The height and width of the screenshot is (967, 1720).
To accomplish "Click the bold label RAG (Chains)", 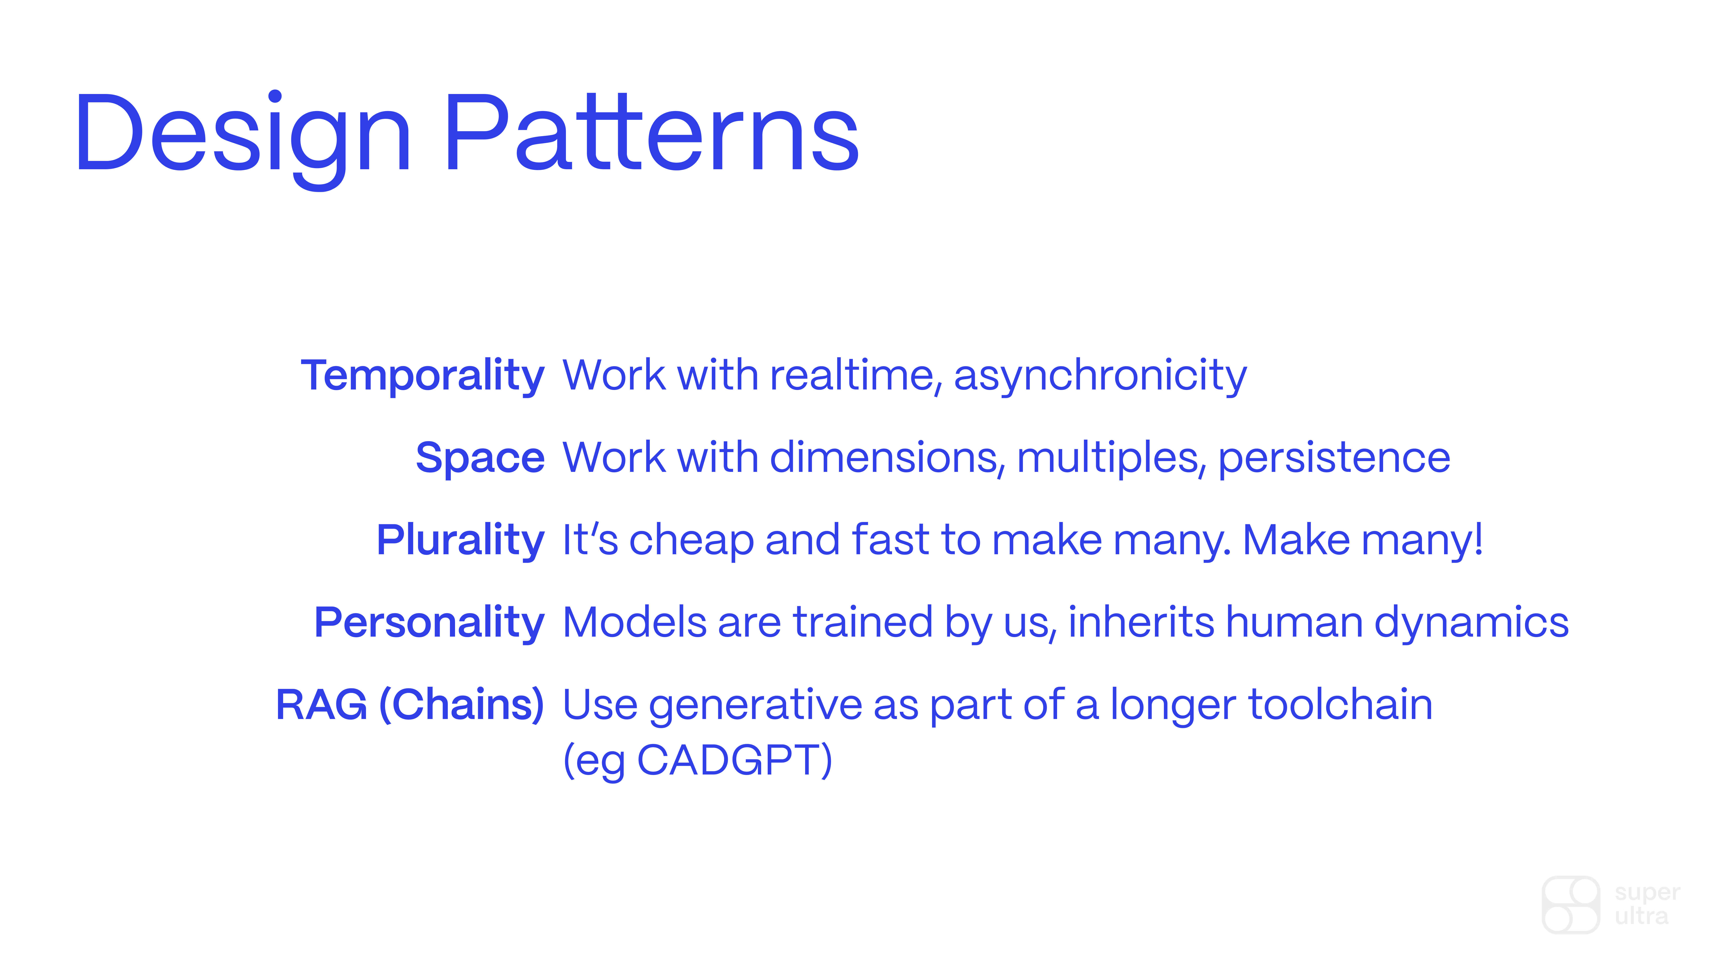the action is pyautogui.click(x=410, y=705).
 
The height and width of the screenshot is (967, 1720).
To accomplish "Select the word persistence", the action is pyautogui.click(x=1334, y=459).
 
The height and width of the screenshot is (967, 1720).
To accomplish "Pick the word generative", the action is pyautogui.click(x=755, y=707).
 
